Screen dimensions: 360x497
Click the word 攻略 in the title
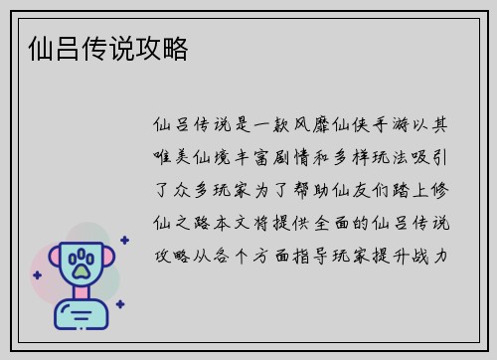click(165, 47)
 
